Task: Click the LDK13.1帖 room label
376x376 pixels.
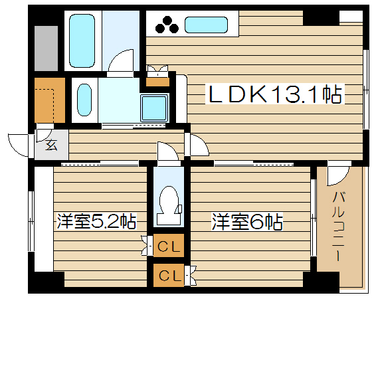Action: pos(275,94)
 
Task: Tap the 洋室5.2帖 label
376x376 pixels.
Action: pos(97,221)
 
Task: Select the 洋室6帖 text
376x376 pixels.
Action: pos(247,221)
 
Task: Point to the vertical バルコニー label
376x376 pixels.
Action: pos(338,226)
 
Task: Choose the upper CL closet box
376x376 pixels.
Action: pos(169,247)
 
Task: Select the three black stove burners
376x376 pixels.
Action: pos(167,25)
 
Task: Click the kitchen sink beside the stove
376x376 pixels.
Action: pos(206,25)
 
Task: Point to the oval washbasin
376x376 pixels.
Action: pos(84,100)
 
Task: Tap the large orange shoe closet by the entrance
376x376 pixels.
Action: pos(50,100)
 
